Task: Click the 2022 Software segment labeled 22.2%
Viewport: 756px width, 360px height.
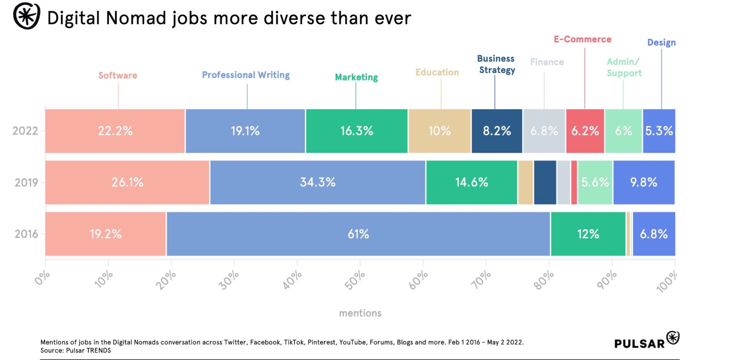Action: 115,131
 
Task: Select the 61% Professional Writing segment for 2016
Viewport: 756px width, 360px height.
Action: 358,234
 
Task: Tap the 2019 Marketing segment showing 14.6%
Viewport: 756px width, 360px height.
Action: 472,182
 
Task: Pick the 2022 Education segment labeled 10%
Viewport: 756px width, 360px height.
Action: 440,131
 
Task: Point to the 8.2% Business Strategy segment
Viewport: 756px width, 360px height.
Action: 497,131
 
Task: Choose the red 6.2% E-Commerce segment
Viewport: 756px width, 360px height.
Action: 585,131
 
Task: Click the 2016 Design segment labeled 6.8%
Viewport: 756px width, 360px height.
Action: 654,234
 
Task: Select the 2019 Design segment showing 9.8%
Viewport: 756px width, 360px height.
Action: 643,182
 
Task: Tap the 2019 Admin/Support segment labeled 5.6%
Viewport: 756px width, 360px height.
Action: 595,182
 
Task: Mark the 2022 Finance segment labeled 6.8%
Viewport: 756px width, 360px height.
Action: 544,131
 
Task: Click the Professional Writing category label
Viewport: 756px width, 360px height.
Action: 246,75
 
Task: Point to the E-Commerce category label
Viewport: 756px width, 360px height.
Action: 582,39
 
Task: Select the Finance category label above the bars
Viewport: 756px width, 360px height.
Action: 547,62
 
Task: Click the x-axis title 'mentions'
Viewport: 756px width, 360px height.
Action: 360,313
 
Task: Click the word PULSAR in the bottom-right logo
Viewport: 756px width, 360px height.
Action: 639,343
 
